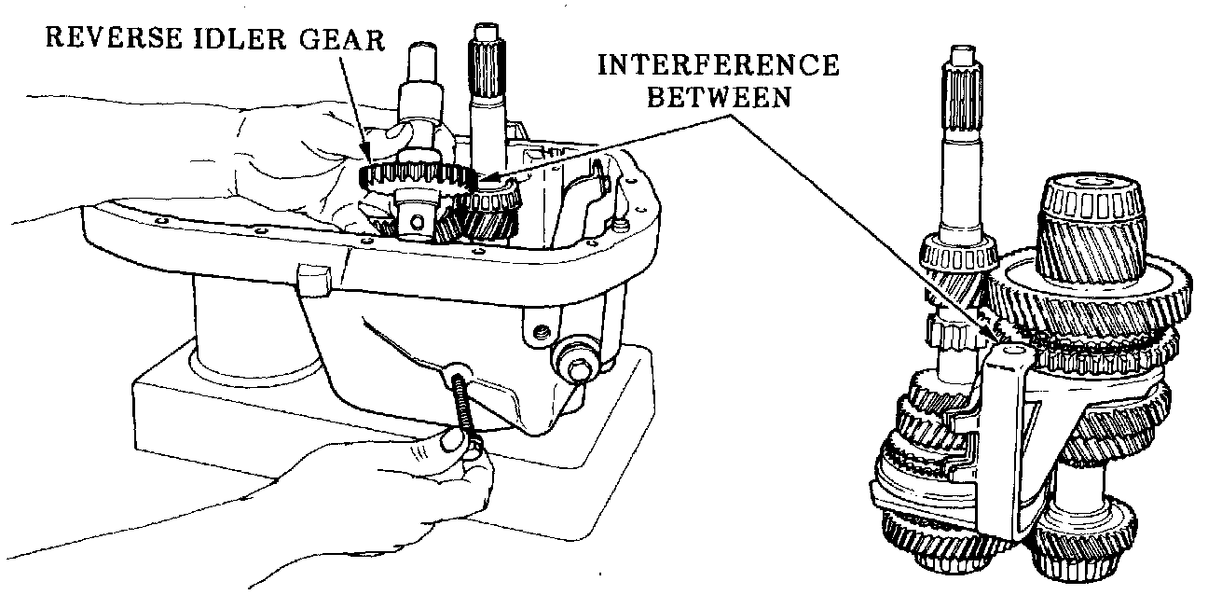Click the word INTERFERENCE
click(x=717, y=66)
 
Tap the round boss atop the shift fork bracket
click(x=1010, y=353)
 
